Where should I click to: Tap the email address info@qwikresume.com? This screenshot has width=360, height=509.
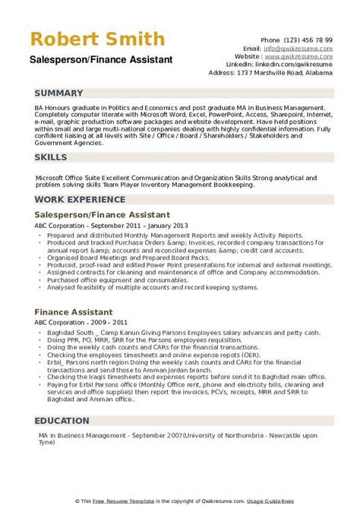click(x=312, y=47)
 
